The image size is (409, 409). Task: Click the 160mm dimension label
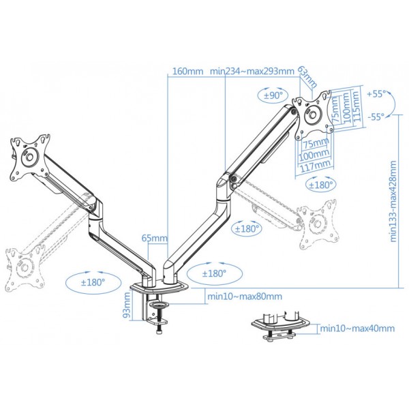click(x=187, y=71)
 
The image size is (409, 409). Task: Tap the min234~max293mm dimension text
click(x=252, y=71)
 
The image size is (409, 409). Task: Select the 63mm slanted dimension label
click(x=307, y=76)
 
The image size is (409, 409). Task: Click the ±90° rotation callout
click(x=273, y=95)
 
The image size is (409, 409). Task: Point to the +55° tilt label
click(x=376, y=94)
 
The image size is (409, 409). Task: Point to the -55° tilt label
click(x=376, y=117)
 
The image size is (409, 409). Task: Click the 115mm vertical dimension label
click(x=357, y=106)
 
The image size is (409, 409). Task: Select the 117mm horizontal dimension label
click(x=316, y=166)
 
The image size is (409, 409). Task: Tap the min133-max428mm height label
click(x=393, y=201)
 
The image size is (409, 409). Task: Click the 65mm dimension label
click(x=155, y=238)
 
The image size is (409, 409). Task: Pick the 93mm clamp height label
click(x=126, y=305)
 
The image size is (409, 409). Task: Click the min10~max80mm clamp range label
click(x=245, y=297)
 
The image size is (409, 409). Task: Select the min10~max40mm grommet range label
click(x=357, y=328)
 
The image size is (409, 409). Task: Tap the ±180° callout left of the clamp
click(x=93, y=282)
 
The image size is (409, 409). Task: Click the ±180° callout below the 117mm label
click(x=321, y=185)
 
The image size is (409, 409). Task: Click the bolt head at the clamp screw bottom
click(x=159, y=332)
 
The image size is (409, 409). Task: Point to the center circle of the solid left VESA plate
click(x=29, y=157)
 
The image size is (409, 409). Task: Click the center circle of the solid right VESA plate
click(x=313, y=114)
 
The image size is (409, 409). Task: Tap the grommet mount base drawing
click(x=281, y=325)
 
